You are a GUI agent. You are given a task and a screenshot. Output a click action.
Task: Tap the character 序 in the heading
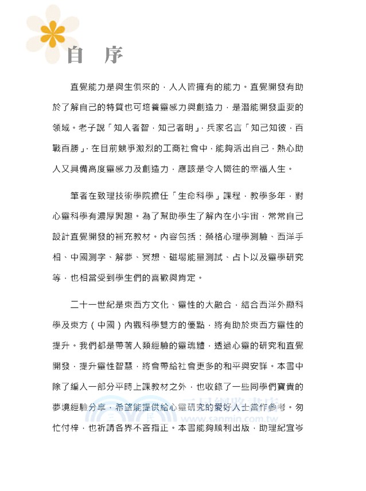pyautogui.click(x=111, y=56)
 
